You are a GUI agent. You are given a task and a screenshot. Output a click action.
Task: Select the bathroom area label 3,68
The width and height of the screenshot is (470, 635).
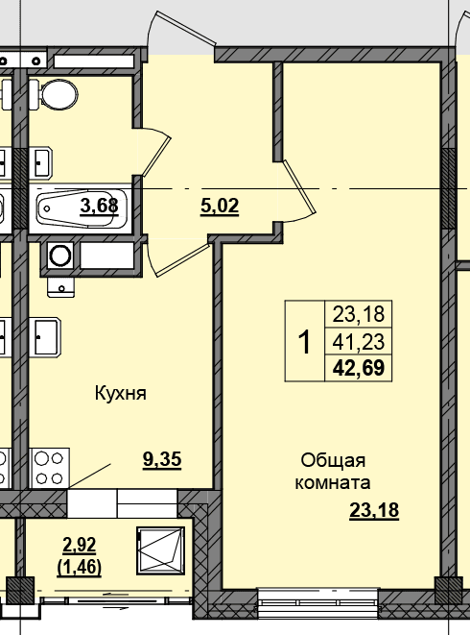[99, 206]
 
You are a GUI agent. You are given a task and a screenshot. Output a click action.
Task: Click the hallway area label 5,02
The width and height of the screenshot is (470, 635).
[220, 207]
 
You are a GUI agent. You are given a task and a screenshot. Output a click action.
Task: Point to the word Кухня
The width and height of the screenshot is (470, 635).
[121, 393]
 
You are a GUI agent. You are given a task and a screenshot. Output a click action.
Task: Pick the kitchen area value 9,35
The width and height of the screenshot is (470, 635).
[162, 459]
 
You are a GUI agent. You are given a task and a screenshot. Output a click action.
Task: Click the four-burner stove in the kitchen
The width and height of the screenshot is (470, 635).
[49, 468]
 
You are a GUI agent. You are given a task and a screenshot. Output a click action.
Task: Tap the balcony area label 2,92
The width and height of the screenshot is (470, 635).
[80, 545]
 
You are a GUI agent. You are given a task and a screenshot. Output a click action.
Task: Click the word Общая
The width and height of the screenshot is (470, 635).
[333, 461]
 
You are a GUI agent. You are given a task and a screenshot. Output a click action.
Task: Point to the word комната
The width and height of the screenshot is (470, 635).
[333, 482]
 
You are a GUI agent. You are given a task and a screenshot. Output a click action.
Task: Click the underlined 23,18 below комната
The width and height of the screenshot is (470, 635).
[374, 510]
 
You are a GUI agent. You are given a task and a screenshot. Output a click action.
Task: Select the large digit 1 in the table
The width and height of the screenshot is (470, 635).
[304, 341]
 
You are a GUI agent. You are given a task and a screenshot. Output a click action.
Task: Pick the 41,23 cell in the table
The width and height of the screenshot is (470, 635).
[359, 341]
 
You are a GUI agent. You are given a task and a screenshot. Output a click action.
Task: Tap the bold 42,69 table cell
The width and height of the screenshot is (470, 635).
[359, 368]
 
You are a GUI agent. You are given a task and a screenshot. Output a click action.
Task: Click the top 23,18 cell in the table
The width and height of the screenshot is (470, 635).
[359, 314]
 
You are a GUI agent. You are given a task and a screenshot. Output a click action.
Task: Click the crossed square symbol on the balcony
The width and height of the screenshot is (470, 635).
[160, 550]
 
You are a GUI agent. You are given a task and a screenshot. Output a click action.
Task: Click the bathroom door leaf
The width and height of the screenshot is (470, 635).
[157, 157]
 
